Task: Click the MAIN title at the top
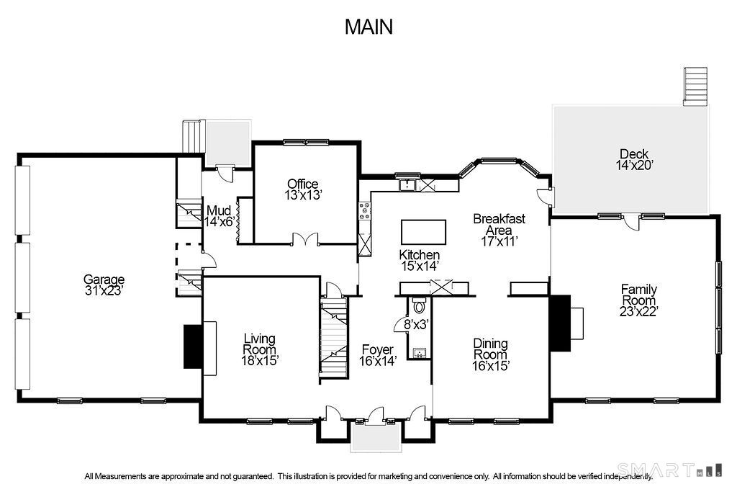pos(368,27)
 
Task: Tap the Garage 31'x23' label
pos(104,285)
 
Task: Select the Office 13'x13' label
pos(303,189)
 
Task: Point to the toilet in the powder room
pos(420,306)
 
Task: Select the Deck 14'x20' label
pos(633,159)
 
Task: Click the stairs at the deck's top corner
pos(695,86)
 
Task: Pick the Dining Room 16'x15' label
pos(490,354)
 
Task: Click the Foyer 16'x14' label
pos(378,356)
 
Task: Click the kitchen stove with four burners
pos(364,211)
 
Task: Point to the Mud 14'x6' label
pos(220,216)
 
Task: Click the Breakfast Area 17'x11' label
pos(499,230)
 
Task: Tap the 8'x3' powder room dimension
pos(416,325)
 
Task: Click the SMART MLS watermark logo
pos(654,470)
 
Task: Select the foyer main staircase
pos(334,339)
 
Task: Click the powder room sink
pos(420,352)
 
